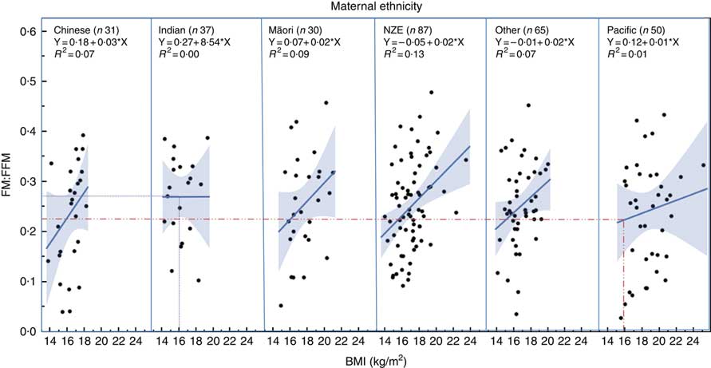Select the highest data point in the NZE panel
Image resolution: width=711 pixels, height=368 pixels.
tap(432, 93)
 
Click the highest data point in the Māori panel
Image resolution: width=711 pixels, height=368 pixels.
tap(326, 103)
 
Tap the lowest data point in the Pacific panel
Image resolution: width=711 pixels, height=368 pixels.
tap(621, 318)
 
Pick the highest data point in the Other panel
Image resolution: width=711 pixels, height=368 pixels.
tap(528, 105)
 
